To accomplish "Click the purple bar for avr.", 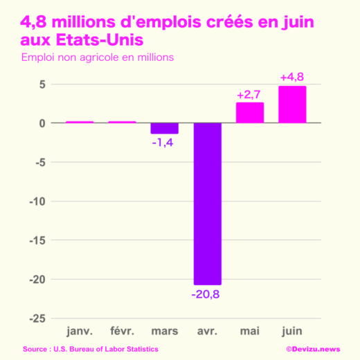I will (208, 204).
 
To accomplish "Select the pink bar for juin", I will (292, 105).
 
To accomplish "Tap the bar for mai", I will (250, 113).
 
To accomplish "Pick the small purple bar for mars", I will (165, 128).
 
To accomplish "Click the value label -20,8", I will (208, 294).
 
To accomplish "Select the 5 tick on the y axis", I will (42, 84).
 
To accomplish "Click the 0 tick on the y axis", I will (42, 123).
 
